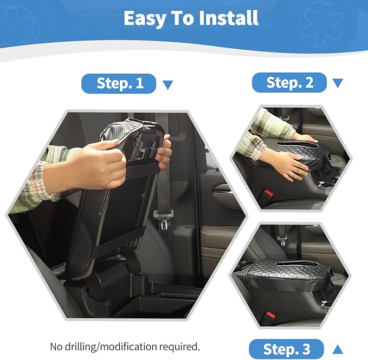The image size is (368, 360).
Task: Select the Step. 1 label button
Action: pyautogui.click(x=119, y=83)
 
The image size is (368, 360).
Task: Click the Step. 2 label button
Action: pyautogui.click(x=289, y=82)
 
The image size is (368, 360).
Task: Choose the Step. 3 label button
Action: pyautogui.click(x=286, y=349)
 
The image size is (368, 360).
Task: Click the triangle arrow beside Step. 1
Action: pyautogui.click(x=167, y=84)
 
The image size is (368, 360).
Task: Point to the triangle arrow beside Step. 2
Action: pyautogui.click(x=338, y=83)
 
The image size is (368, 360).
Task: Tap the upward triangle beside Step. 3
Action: pyautogui.click(x=337, y=349)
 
